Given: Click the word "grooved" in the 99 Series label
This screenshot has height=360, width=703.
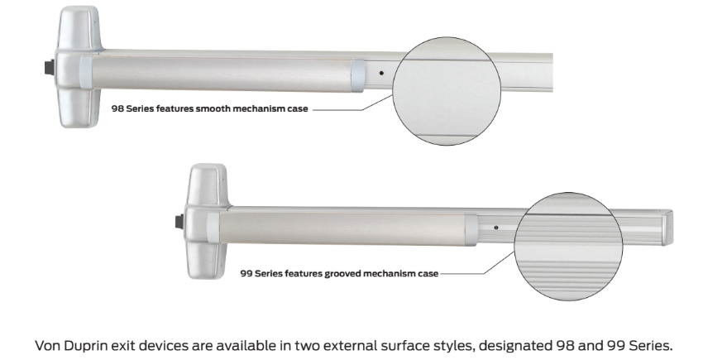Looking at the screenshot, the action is (342, 273).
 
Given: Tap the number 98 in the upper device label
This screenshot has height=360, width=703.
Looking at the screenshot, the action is (117, 108).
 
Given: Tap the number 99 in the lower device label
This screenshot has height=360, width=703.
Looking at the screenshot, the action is (246, 273).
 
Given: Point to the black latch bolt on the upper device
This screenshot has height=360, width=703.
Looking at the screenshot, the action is (50, 67).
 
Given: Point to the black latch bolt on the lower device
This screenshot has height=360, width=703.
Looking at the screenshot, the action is (179, 222).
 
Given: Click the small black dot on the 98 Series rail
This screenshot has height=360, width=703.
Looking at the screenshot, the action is (381, 72).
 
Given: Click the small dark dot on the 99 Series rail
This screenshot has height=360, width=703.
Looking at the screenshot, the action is (496, 228).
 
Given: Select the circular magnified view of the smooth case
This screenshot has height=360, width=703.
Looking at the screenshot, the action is (447, 91).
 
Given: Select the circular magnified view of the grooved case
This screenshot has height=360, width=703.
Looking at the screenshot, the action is (568, 247).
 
